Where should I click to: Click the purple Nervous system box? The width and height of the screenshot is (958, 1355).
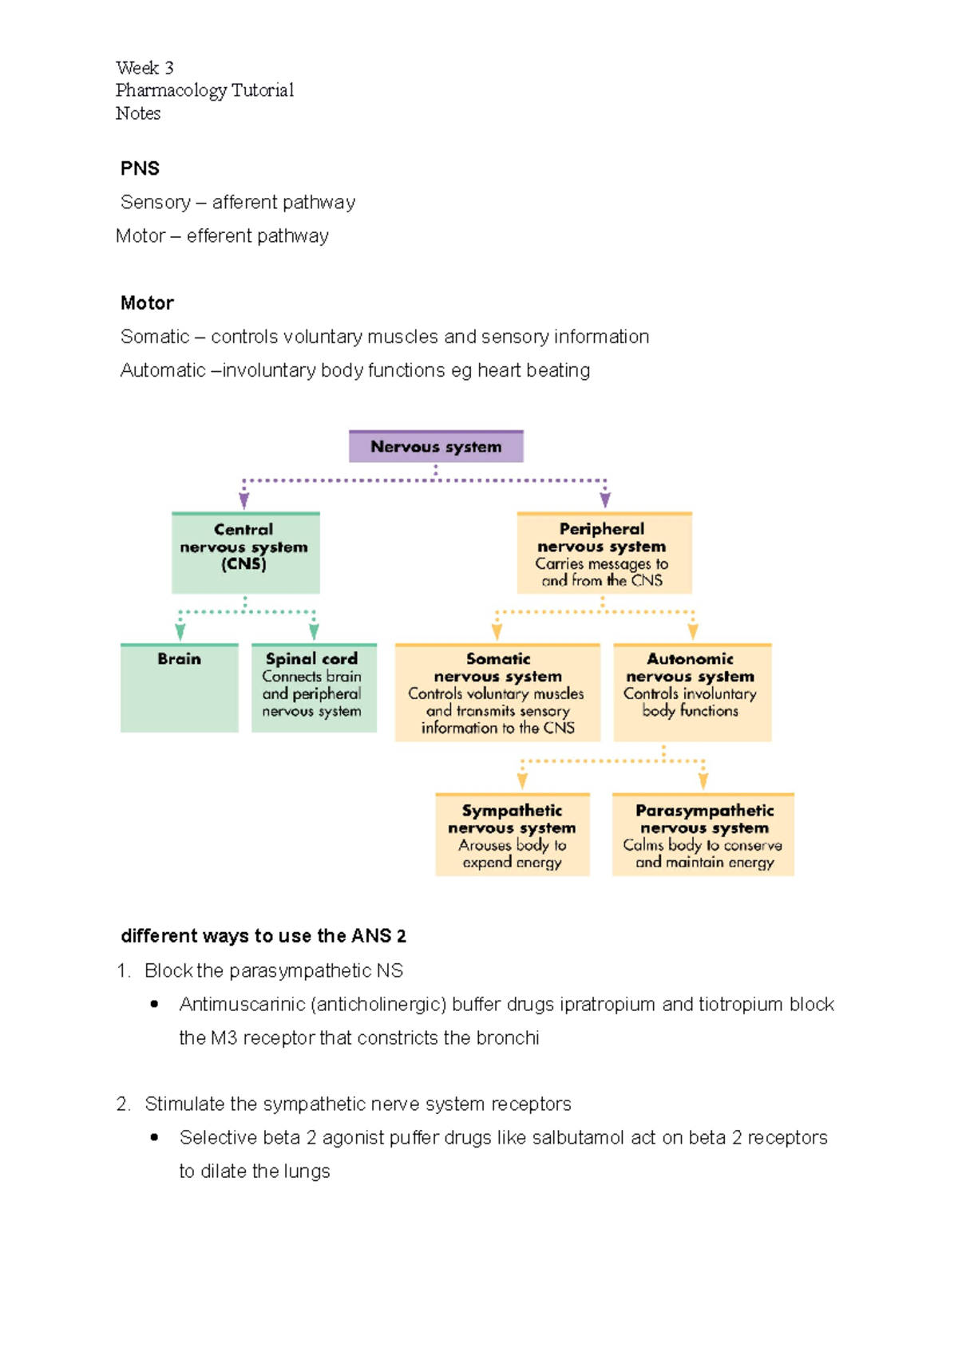(x=436, y=447)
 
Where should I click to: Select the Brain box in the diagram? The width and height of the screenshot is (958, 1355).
(x=180, y=688)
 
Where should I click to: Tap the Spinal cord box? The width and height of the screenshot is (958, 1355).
(x=314, y=688)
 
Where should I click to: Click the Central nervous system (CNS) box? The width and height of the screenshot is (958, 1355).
(x=245, y=553)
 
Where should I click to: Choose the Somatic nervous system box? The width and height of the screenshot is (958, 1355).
(x=497, y=693)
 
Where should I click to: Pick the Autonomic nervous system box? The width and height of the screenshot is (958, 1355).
(x=692, y=693)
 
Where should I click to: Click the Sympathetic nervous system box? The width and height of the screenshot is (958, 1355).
(x=513, y=835)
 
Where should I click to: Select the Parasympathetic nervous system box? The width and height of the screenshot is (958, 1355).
(x=703, y=835)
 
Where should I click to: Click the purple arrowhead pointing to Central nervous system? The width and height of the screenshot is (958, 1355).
(x=244, y=500)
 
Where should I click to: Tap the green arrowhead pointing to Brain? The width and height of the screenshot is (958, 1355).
(x=180, y=631)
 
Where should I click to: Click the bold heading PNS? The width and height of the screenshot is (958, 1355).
(x=140, y=168)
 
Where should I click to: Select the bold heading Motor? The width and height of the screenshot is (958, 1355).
(x=147, y=303)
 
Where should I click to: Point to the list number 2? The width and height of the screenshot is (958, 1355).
(x=123, y=1104)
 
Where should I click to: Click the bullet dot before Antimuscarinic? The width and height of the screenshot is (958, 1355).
(x=154, y=1004)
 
